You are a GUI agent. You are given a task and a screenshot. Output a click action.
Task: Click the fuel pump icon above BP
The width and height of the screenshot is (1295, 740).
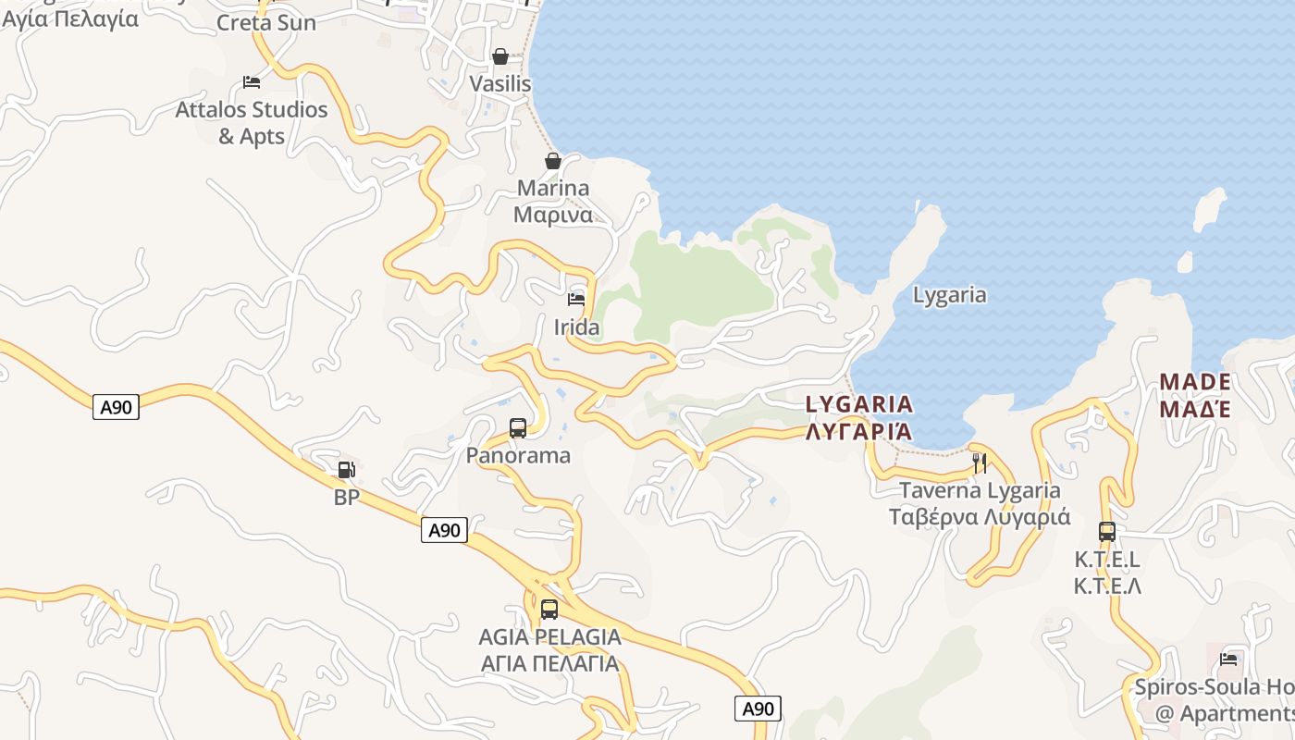point(346,470)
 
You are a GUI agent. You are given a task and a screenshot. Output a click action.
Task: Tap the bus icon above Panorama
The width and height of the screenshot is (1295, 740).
point(518,428)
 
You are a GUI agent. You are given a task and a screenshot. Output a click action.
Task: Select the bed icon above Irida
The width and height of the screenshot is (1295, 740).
point(576,299)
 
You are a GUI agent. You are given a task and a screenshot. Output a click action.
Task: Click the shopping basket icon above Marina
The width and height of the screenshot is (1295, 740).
point(553,161)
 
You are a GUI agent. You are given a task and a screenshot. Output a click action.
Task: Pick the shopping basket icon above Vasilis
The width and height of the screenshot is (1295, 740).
point(500,56)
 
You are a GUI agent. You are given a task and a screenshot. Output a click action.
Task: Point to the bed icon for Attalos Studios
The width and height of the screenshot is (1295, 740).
point(252,82)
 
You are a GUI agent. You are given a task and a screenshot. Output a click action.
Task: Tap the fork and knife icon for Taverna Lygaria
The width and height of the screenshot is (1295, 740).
point(980,462)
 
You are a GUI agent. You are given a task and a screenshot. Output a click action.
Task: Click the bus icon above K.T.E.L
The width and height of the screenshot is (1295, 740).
point(1107,532)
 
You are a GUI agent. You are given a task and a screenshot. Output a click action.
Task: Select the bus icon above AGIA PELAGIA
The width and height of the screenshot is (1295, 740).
point(549,610)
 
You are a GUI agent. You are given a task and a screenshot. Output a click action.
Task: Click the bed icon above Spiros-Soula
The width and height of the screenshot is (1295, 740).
point(1228,660)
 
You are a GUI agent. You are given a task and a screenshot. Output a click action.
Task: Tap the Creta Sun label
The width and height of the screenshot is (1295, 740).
point(266,22)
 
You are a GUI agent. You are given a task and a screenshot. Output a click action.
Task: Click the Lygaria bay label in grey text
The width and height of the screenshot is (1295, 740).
point(949,295)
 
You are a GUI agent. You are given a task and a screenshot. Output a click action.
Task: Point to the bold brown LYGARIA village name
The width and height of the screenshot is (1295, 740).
point(859,404)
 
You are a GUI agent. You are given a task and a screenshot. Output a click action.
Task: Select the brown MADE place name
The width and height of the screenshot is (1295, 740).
point(1194,382)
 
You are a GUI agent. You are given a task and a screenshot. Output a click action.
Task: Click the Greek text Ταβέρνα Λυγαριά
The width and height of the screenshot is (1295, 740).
point(980,517)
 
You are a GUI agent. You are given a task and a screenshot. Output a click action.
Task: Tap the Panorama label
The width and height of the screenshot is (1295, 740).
point(518,455)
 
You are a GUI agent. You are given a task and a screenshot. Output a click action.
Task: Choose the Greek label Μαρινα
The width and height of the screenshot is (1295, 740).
point(553,216)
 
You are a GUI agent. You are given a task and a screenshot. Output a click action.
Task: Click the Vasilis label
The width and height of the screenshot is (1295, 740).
point(500,84)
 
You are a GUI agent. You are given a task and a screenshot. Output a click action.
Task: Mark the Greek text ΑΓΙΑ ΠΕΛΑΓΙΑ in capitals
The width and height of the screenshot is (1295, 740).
point(549,663)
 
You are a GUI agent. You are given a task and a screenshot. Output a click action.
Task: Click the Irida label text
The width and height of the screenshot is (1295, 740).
point(576,327)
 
